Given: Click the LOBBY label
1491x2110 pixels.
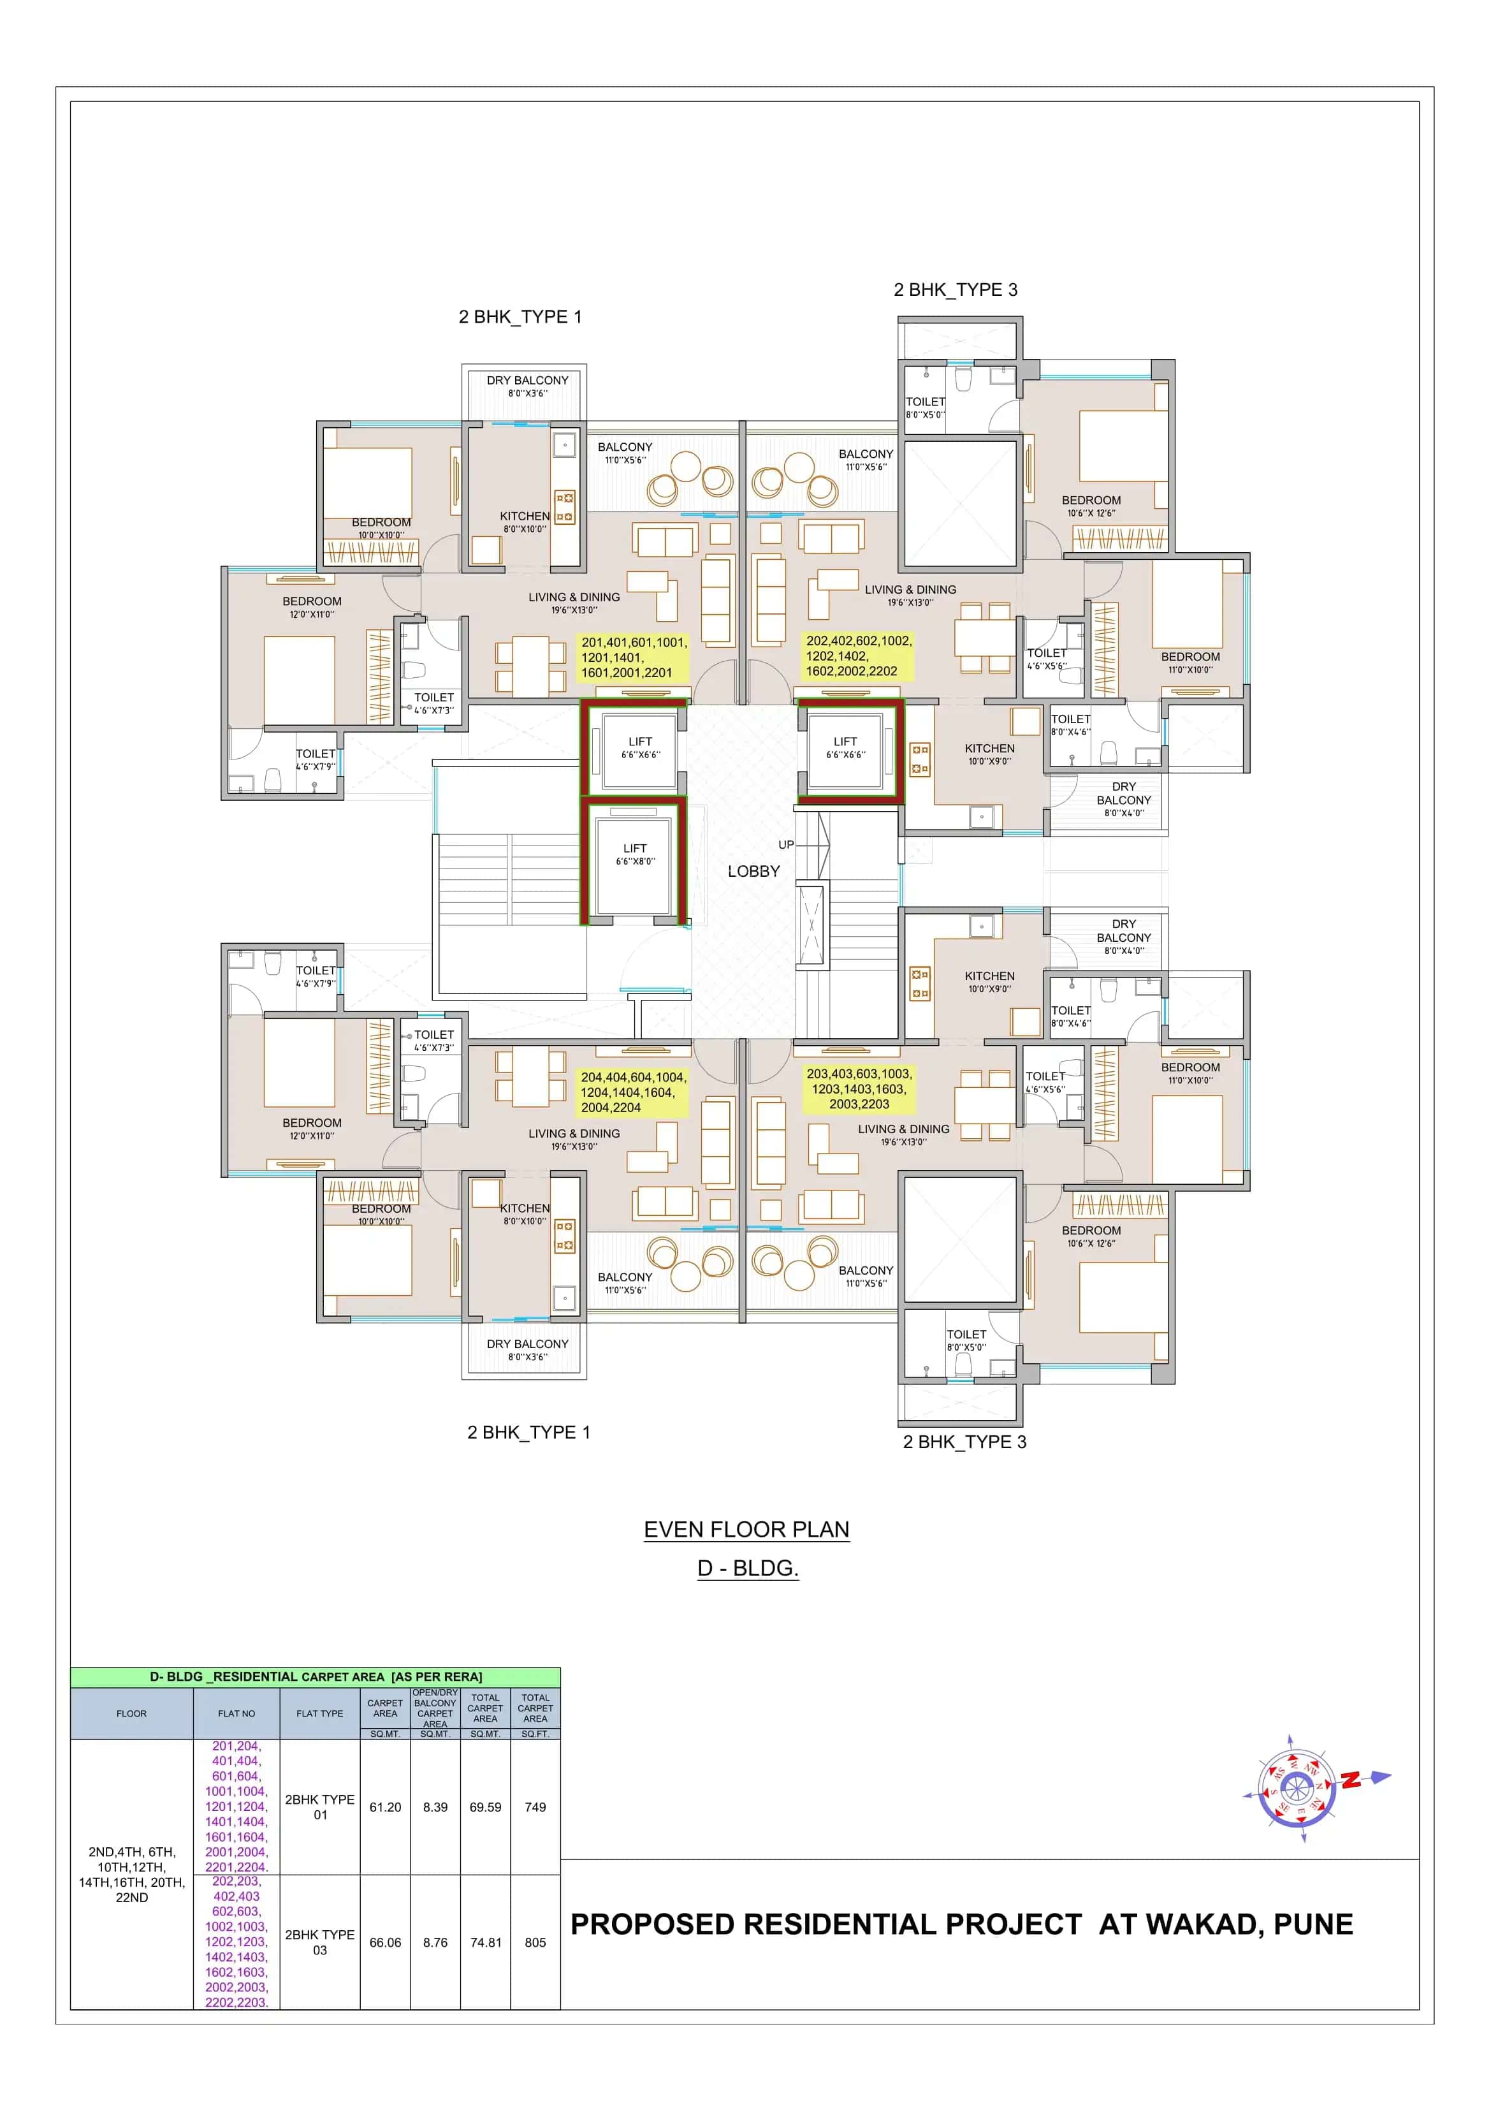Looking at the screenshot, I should click(753, 871).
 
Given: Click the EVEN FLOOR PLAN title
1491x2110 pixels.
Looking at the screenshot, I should click(746, 1529).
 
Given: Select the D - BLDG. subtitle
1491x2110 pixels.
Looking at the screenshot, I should click(748, 1568).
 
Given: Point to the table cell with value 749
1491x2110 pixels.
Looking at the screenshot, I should click(535, 1806).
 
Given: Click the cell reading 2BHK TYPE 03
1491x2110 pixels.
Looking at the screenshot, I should click(320, 1942).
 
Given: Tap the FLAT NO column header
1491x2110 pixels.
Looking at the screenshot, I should click(236, 1713).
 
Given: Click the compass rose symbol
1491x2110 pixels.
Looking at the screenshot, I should click(1296, 1787).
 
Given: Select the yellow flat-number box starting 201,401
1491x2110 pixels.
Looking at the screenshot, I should click(633, 657).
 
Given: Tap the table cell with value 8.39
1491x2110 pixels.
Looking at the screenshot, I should click(435, 1806).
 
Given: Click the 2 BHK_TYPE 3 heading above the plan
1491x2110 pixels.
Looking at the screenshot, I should click(956, 289).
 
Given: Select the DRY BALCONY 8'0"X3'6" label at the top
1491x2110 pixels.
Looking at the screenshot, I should click(527, 386).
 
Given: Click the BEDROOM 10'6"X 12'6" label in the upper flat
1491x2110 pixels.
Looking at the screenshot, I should click(1091, 506).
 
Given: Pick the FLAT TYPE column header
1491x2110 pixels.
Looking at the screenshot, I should click(320, 1713).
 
